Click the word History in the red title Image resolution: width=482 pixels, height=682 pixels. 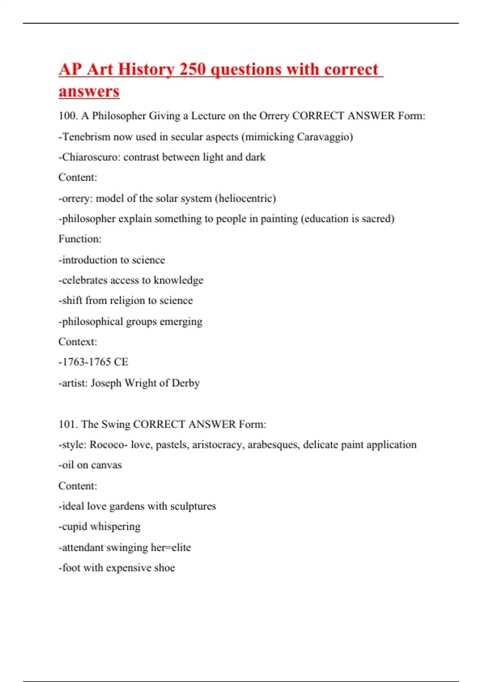pyautogui.click(x=146, y=69)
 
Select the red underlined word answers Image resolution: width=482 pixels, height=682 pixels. pyautogui.click(x=89, y=91)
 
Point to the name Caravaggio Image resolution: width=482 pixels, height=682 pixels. pyautogui.click(x=325, y=137)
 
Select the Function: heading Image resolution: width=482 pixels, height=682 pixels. pyautogui.click(x=80, y=239)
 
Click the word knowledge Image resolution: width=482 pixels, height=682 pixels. pyautogui.click(x=178, y=280)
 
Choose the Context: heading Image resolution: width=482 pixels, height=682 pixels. pyautogui.click(x=78, y=342)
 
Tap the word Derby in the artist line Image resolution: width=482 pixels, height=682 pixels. pyautogui.click(x=186, y=383)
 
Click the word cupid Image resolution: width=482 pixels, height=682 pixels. pyautogui.click(x=74, y=526)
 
